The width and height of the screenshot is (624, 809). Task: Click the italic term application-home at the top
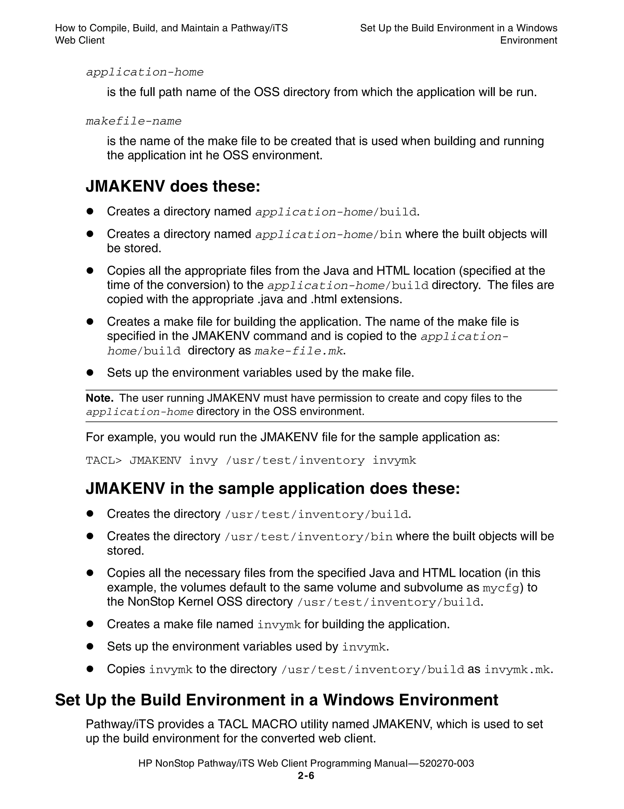click(145, 72)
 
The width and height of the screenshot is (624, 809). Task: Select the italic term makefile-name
click(134, 121)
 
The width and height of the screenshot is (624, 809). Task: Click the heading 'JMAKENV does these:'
click(173, 186)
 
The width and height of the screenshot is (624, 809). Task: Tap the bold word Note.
click(100, 398)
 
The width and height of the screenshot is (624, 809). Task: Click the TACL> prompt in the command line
click(104, 460)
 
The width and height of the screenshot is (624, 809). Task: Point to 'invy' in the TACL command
click(203, 460)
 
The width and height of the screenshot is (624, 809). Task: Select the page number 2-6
click(306, 775)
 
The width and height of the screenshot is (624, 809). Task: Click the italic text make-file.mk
click(299, 351)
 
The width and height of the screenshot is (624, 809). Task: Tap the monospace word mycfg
click(501, 588)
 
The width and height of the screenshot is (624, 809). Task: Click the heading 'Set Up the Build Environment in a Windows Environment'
click(276, 700)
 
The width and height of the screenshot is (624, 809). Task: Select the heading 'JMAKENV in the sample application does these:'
click(273, 488)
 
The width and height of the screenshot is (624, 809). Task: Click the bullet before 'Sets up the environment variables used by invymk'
click(90, 646)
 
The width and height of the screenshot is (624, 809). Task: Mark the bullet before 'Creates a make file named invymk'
click(90, 624)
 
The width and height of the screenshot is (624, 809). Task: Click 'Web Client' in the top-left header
click(80, 41)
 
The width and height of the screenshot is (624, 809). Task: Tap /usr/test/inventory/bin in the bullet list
click(308, 537)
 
